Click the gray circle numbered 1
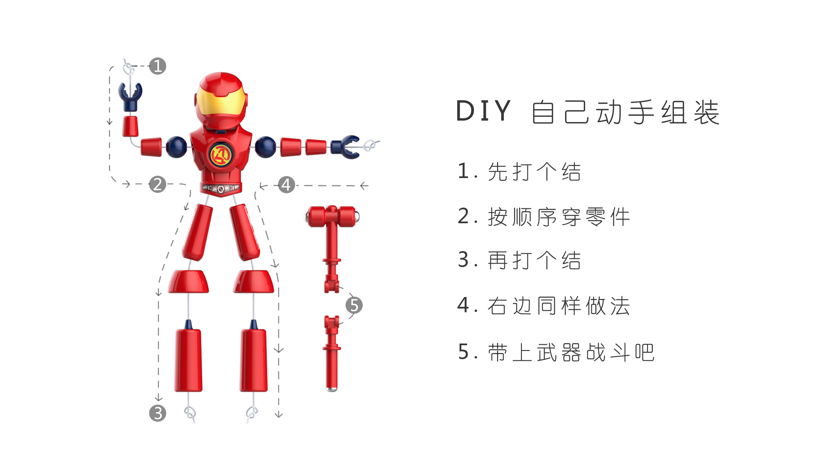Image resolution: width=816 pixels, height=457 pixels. pos(157,66)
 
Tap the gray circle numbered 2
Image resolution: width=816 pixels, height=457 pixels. pos(157,184)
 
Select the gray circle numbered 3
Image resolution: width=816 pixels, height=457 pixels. pos(157,413)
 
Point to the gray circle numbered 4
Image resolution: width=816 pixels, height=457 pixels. pos(286,185)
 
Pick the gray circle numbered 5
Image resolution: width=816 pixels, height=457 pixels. pos(354,305)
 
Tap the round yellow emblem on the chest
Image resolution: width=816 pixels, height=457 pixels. pos(221,155)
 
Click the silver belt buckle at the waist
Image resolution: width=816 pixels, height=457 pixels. pos(221,188)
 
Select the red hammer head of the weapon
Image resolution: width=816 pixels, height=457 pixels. pos(331,216)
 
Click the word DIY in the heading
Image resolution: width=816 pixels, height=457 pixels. pos(483,111)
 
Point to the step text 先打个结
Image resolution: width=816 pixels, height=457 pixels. pos(534,172)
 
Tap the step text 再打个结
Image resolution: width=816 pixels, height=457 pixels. pos(534,260)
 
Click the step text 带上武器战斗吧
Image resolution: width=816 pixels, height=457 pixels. pos(571,352)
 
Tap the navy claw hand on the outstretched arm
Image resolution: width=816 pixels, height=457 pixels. pos(346,147)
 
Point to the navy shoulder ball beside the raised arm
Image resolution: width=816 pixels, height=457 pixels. pos(176,147)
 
